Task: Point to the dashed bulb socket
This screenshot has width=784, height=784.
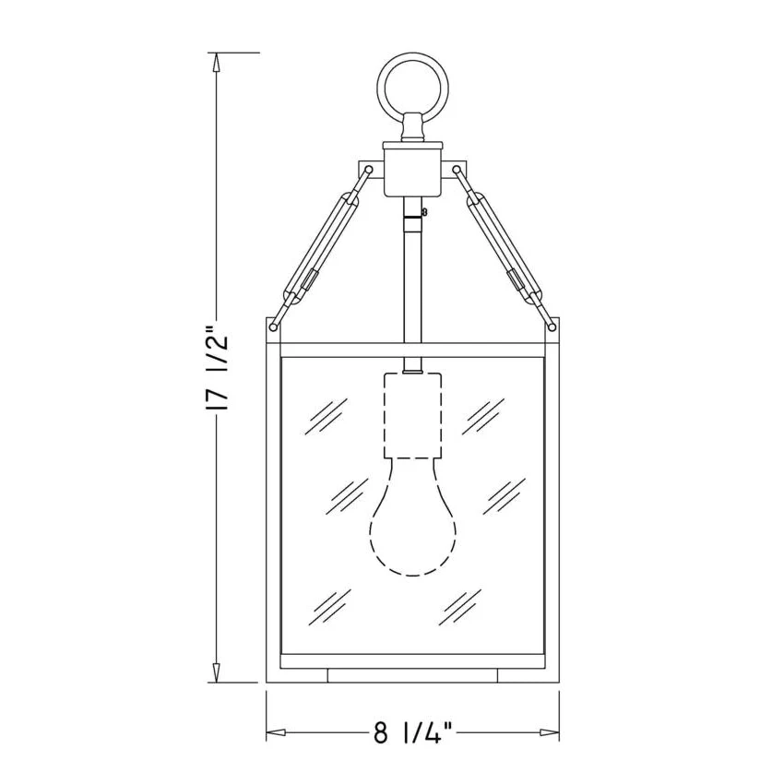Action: [x=413, y=415]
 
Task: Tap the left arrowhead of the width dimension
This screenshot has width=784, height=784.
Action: [x=276, y=733]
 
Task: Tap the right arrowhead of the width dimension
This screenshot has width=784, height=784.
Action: [x=549, y=733]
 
